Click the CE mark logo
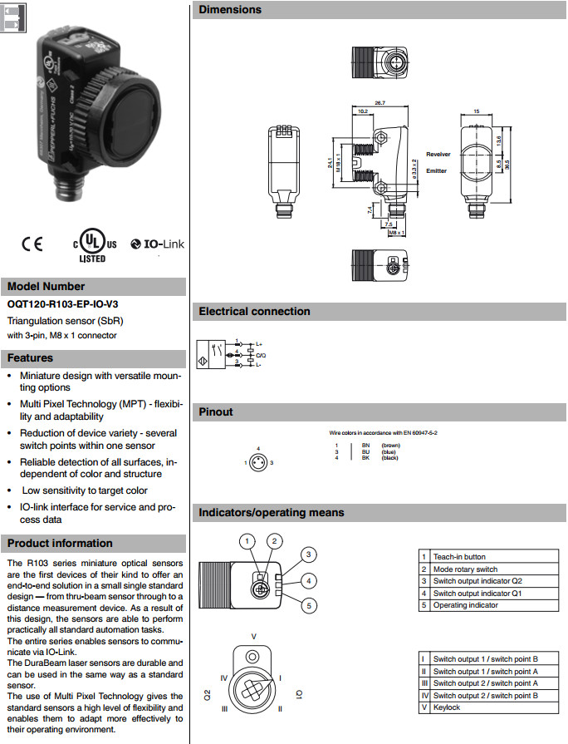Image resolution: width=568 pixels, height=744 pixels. pos(32,245)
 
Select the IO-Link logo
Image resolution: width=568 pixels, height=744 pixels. pos(159,245)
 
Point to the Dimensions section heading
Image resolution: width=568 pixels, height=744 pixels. pos(230,10)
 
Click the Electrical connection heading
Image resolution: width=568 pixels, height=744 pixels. pos(254,312)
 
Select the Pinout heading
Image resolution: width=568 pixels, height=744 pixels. pos(216,411)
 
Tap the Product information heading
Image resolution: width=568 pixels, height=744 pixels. pos(60,544)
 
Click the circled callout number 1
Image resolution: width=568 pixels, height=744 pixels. pos(246,541)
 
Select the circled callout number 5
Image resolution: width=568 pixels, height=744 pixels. pos(308,606)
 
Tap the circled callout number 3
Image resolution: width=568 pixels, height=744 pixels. pos(308,554)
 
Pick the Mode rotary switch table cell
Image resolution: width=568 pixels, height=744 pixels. pos(466,569)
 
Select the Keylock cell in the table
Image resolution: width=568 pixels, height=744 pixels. pos(447,707)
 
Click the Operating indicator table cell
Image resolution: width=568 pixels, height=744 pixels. pos(466,605)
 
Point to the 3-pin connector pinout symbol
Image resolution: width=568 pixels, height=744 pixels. pos(259,461)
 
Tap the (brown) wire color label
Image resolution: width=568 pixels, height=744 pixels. pos(390,446)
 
